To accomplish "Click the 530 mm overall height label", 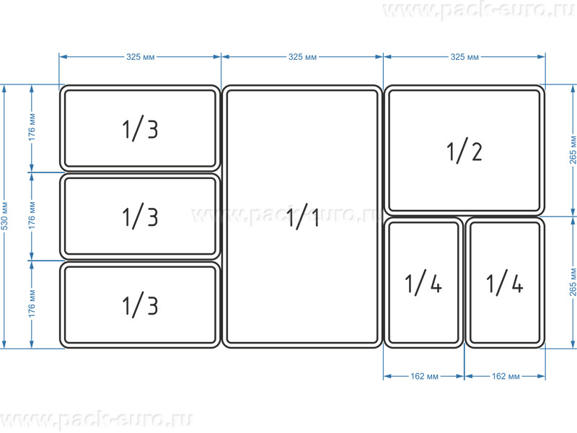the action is click(x=5, y=216).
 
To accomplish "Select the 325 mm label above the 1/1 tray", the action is click(x=302, y=57).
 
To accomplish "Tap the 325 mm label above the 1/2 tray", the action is click(x=464, y=57).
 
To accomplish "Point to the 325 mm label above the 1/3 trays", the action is click(x=140, y=57).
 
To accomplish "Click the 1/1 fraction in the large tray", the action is click(x=302, y=218).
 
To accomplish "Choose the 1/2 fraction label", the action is click(x=464, y=151).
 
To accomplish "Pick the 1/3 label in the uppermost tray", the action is click(x=140, y=128).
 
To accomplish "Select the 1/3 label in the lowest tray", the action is click(x=140, y=305).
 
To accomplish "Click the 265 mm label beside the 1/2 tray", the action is click(x=573, y=150).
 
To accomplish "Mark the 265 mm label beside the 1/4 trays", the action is click(x=573, y=282).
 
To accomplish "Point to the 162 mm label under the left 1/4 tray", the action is click(x=424, y=376).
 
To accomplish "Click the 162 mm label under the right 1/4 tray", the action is click(x=506, y=376).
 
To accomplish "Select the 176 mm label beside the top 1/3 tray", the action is click(x=32, y=128).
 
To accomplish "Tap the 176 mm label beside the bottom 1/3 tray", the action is click(x=32, y=304).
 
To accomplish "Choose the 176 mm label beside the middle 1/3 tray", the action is click(x=32, y=215).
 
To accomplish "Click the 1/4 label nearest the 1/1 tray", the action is click(x=423, y=283).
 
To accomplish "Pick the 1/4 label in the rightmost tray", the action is click(x=505, y=283).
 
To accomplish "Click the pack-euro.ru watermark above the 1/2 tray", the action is click(x=478, y=10).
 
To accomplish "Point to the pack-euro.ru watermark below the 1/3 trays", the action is click(x=97, y=420).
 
